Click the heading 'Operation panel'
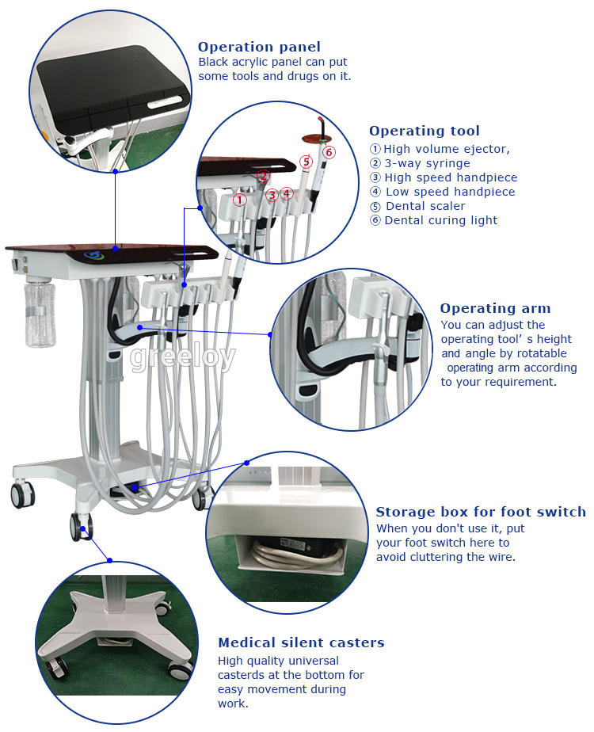pyautogui.click(x=259, y=48)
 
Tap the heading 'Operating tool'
pyautogui.click(x=424, y=131)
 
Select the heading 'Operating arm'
pyautogui.click(x=495, y=309)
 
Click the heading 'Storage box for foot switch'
pyautogui.click(x=481, y=513)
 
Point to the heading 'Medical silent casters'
pyautogui.click(x=301, y=642)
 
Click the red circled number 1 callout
pyautogui.click(x=240, y=200)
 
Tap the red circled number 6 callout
pyautogui.click(x=329, y=152)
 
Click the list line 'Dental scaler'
pyautogui.click(x=425, y=206)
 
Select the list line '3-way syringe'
pyautogui.click(x=427, y=163)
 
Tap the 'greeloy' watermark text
pyautogui.click(x=182, y=357)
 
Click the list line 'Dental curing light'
pyautogui.click(x=440, y=220)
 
